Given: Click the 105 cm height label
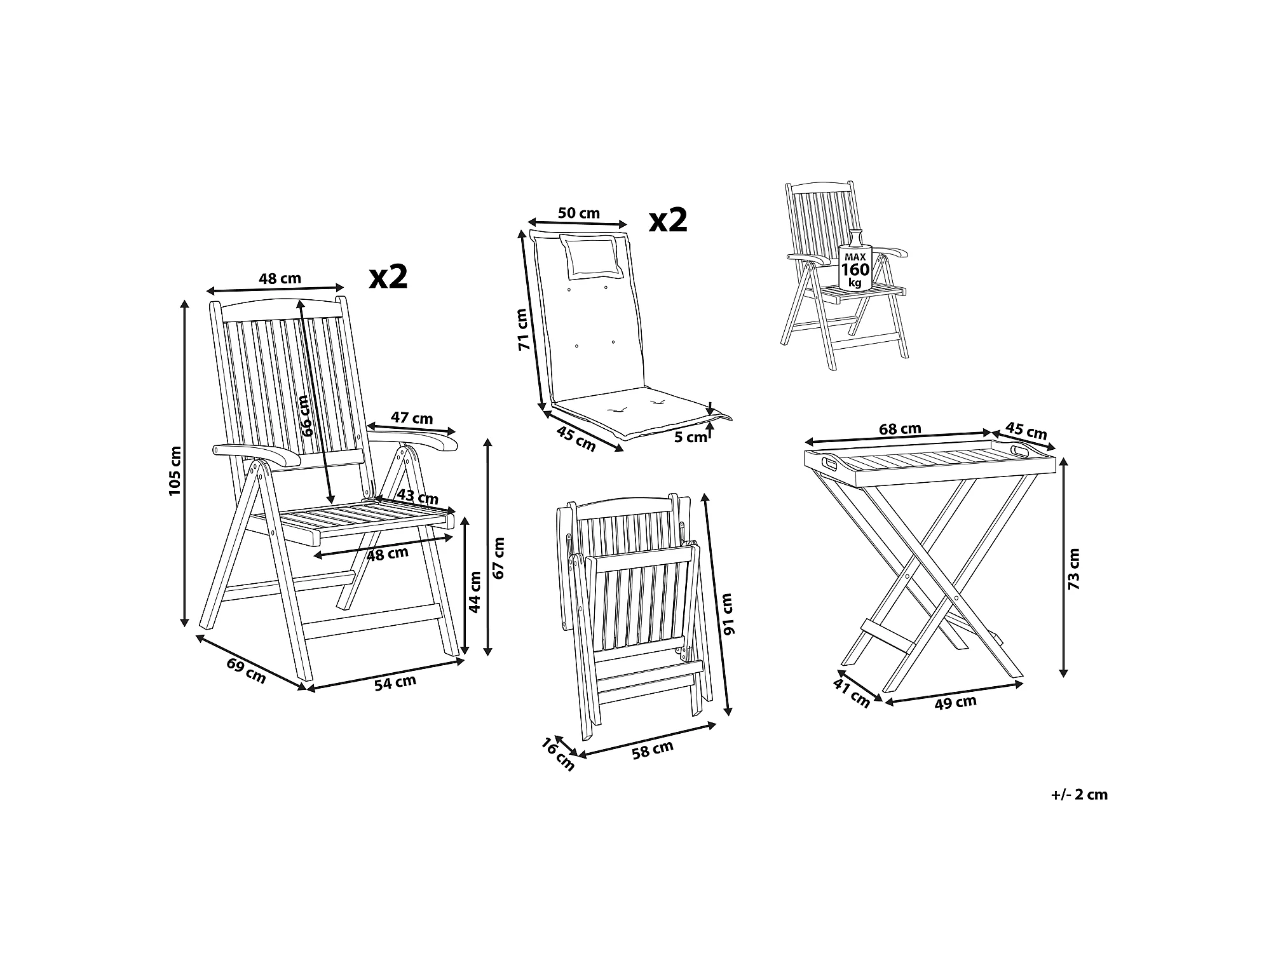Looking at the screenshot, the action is (175, 471).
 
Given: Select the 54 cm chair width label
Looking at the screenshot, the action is (395, 683).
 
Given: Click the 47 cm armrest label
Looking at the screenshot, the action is (411, 417).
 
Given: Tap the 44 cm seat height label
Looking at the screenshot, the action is (475, 591).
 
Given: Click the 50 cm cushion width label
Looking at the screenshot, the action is (579, 213).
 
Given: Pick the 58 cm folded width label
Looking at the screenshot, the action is (653, 750).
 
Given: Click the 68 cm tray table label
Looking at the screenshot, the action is (900, 429).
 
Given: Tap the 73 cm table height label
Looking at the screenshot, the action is (1073, 569).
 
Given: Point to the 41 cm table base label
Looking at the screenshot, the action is (852, 693).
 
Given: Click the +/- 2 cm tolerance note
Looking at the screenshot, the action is (1080, 794).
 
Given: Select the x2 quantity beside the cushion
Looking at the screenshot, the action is (669, 220).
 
